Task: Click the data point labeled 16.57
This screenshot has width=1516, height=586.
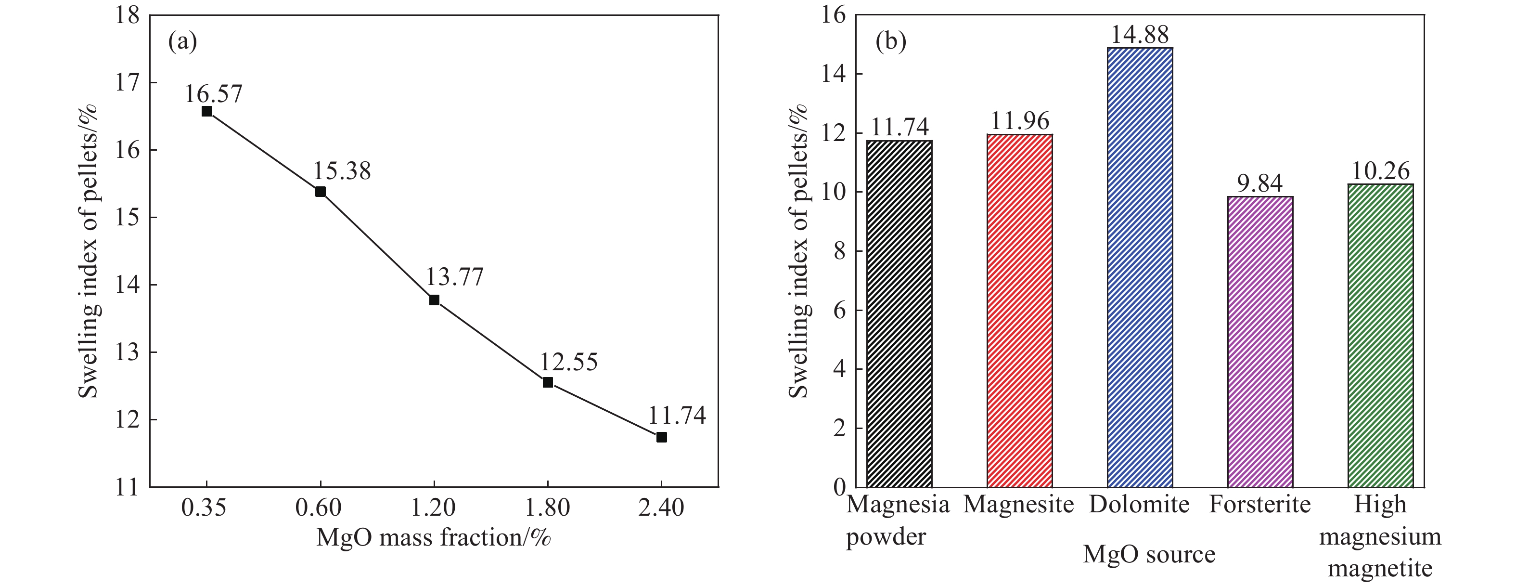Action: tap(206, 111)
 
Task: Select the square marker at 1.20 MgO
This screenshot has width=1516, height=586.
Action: tap(434, 300)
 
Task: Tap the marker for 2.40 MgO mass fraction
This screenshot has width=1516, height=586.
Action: tap(661, 437)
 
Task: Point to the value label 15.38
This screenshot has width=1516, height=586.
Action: tap(342, 171)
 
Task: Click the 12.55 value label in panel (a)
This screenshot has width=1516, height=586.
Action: tap(568, 362)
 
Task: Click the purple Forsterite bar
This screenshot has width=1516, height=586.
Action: tap(1260, 341)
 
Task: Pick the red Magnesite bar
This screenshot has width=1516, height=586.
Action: tap(1019, 311)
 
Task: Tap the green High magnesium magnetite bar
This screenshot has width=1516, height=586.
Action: tap(1380, 336)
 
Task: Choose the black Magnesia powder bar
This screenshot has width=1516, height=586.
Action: tap(899, 314)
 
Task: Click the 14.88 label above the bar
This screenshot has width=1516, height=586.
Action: tap(1139, 35)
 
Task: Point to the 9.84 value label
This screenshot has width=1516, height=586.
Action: tap(1259, 184)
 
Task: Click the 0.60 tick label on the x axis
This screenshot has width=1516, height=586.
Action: tap(320, 507)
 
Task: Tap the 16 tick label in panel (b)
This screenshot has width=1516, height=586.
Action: tap(832, 16)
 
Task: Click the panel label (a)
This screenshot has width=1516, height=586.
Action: tap(182, 42)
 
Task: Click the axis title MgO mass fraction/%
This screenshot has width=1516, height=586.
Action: tap(434, 538)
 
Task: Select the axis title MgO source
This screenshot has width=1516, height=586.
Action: tap(1149, 554)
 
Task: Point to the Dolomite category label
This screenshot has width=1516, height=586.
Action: tap(1139, 505)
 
